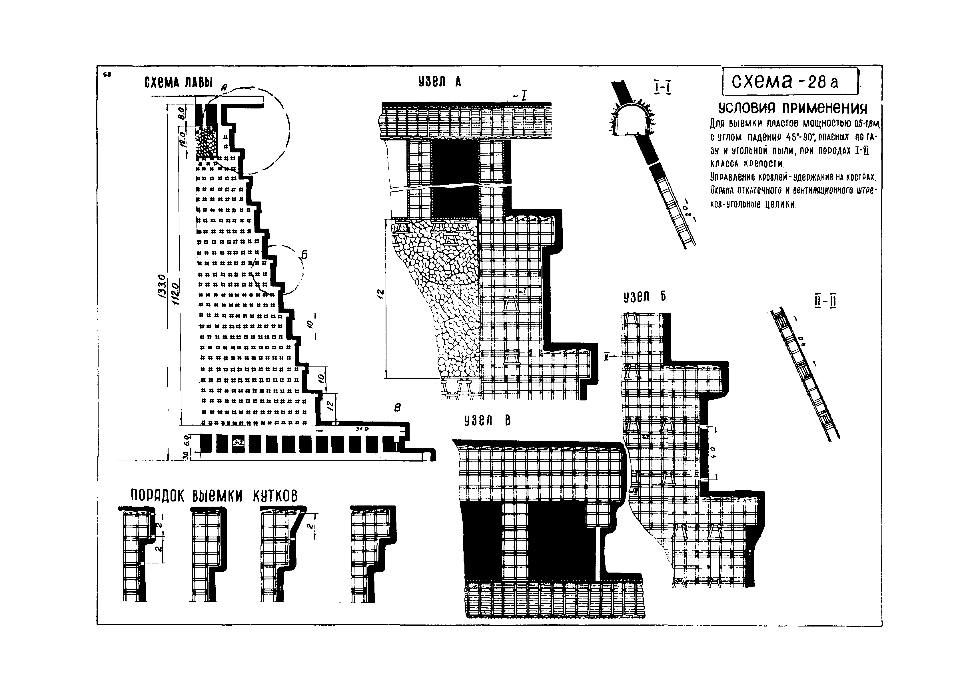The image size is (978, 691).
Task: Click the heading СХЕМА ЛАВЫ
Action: point(178,82)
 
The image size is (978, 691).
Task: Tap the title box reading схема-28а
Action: point(789,82)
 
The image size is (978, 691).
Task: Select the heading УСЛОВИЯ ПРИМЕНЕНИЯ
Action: point(792,108)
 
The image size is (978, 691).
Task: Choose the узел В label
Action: point(487,421)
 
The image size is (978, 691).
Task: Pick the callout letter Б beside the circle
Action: point(304,255)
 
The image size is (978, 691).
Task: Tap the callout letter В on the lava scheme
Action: point(397,408)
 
